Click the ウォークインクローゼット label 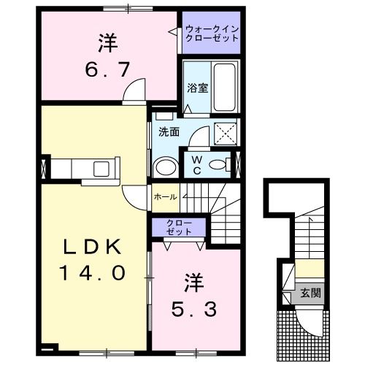coord(212,34)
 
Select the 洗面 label coord(166,131)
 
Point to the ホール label coord(164,197)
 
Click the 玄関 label coord(310,294)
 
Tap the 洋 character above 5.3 coord(193,280)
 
